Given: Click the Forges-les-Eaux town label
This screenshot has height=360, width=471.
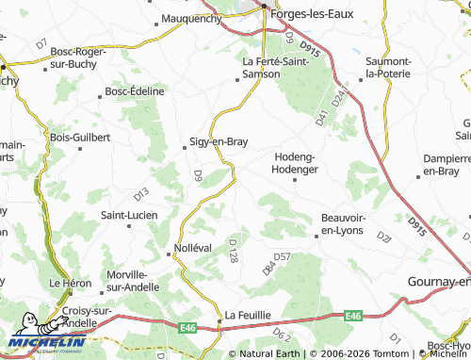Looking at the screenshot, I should coord(310,14).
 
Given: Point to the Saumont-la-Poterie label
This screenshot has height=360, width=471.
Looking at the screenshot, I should coord(388,67).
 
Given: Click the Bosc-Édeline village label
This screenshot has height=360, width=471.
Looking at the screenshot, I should coord(135,90).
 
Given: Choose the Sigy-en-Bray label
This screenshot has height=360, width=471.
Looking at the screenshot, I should coord(220,142).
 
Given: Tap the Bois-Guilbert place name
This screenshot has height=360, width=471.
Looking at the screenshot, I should coord(81,137).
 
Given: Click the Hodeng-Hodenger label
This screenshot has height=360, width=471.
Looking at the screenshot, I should coord(296,163).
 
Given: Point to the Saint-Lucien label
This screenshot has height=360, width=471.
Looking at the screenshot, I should coord(128,215).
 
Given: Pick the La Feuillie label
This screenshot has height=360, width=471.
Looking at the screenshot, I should coord(248,314).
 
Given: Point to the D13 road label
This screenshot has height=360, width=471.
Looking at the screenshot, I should coord(141,193).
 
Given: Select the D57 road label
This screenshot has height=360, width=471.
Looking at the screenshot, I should coord(282,255).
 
